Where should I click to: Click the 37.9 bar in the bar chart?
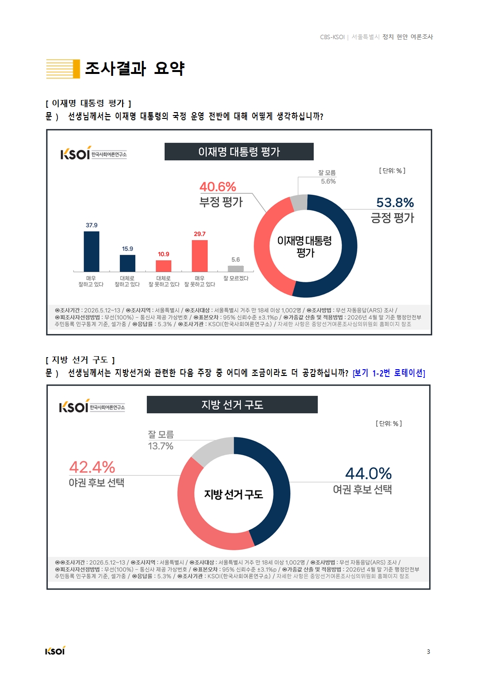pos(91,251)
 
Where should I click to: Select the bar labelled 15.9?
pos(127,263)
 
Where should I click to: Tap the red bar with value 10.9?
pos(163,266)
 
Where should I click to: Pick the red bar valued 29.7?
pos(199,256)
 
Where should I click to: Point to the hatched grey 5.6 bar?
pos(236,269)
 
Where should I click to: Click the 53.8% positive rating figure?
pos(395,202)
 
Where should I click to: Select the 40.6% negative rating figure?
pos(218,187)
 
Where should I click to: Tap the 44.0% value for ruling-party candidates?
pos(368,474)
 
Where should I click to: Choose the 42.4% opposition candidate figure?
pos(92,467)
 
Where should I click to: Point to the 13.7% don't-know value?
pos(161,446)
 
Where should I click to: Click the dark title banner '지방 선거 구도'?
pos(232,404)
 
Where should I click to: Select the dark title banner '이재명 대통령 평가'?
pos(239,152)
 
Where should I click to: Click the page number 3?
pos(428,652)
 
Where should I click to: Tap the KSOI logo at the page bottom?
pos(55,650)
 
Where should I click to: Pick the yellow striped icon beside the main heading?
pos(63,69)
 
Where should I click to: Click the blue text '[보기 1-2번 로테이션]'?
pos(389,373)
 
